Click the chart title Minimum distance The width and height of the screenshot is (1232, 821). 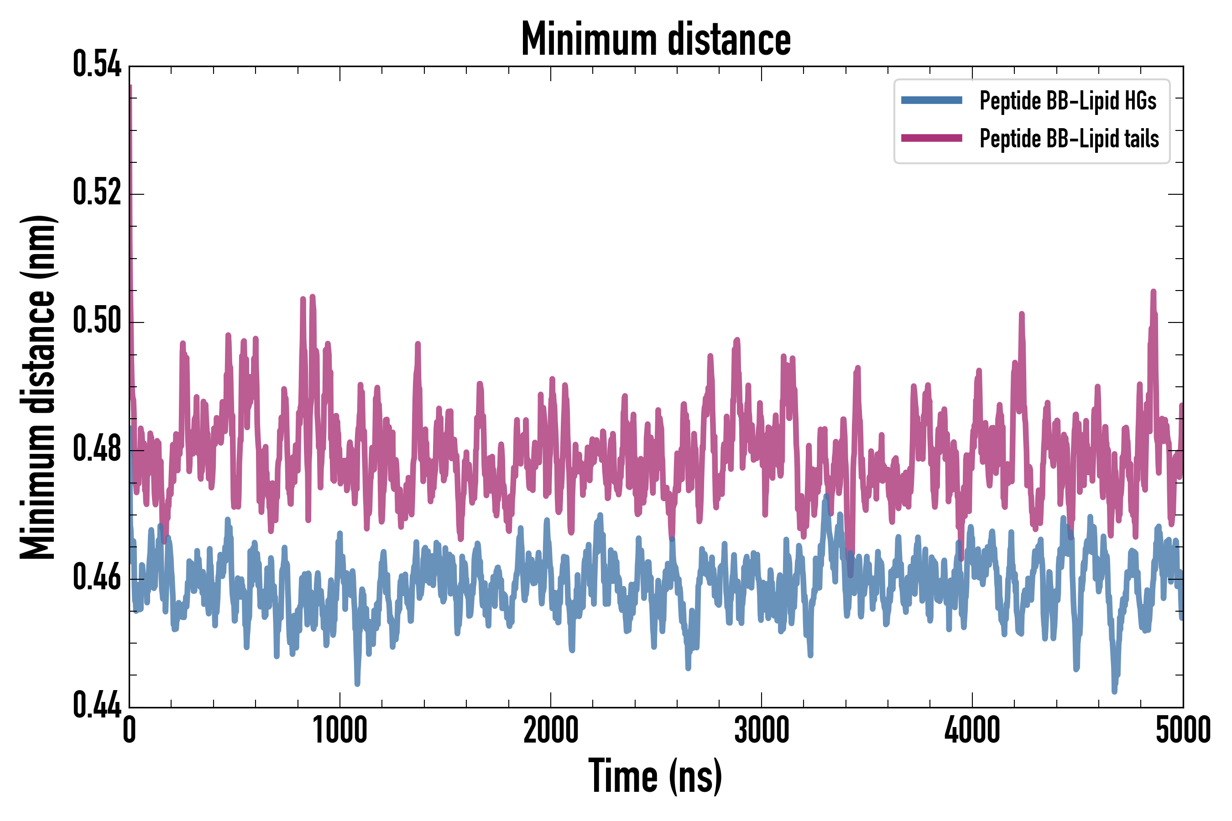coord(656,39)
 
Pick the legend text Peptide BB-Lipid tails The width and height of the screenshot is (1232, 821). coord(1069,139)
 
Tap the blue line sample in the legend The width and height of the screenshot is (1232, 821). coord(931,100)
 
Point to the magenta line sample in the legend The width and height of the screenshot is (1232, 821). coord(931,138)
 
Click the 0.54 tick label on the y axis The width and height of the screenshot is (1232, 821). coord(97,65)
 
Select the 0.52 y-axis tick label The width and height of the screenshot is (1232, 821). coord(97,192)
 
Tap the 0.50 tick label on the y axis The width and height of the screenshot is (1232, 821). coord(97,321)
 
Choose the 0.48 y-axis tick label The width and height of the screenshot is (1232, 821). coord(97,449)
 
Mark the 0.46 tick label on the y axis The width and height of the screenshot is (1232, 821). coord(97,577)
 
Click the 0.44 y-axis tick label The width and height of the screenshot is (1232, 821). coord(97,706)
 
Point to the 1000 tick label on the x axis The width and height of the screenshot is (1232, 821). coord(340,730)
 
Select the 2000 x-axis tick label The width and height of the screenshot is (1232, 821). coord(551,730)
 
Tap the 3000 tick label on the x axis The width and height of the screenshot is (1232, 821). coord(761,730)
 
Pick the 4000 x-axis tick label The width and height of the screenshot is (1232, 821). coord(972,730)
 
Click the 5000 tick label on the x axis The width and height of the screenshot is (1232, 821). coord(1183,730)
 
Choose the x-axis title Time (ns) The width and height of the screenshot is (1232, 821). coord(655,776)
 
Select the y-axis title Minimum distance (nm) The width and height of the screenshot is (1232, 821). coord(38,387)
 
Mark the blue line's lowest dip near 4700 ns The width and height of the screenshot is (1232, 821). coord(1114,690)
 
